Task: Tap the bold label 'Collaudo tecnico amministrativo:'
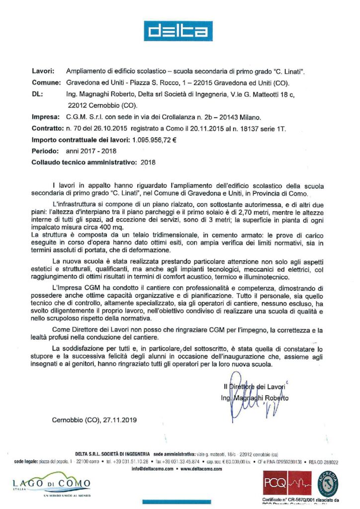[84, 162]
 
